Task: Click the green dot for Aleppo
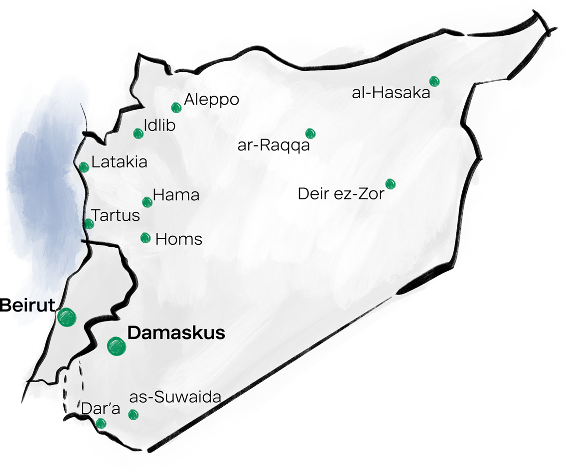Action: [x=175, y=108]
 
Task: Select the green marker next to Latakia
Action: [x=84, y=167]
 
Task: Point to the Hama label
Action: [x=176, y=195]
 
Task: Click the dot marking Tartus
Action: [x=89, y=224]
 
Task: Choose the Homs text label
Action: [x=179, y=239]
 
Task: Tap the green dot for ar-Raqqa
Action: [x=310, y=133]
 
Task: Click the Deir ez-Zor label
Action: [x=341, y=193]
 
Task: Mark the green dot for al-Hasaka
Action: [x=434, y=81]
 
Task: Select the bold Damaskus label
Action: [x=176, y=333]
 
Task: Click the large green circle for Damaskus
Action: [x=117, y=345]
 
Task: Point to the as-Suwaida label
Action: [x=174, y=397]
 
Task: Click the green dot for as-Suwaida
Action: [x=133, y=414]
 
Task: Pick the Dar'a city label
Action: [x=101, y=409]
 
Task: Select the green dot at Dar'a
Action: [x=101, y=424]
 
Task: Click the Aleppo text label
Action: [x=211, y=99]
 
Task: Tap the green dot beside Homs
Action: [x=145, y=238]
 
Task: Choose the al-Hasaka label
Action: [x=391, y=93]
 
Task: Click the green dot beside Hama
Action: [x=147, y=202]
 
